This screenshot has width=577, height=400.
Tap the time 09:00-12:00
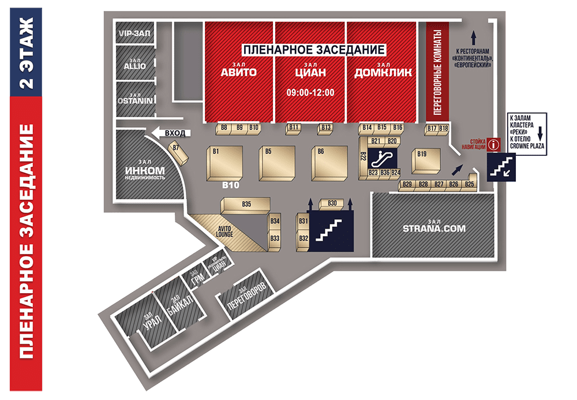(x=310, y=92)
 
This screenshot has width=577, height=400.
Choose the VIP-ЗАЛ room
(x=134, y=33)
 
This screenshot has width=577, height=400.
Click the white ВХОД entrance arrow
(x=171, y=133)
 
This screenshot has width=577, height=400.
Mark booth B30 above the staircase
(x=332, y=203)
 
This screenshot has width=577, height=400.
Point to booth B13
(x=325, y=128)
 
